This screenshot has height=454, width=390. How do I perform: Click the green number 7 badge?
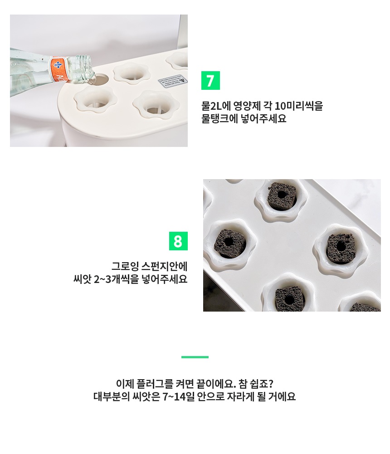210,80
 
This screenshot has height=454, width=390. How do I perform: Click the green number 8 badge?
178,241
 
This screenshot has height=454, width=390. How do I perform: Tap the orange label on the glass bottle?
59,69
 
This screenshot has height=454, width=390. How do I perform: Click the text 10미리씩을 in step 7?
298,106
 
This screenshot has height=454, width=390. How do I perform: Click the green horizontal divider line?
195,357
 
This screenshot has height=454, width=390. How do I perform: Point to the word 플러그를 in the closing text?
155,384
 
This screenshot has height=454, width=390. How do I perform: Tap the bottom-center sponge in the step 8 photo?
289,299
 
